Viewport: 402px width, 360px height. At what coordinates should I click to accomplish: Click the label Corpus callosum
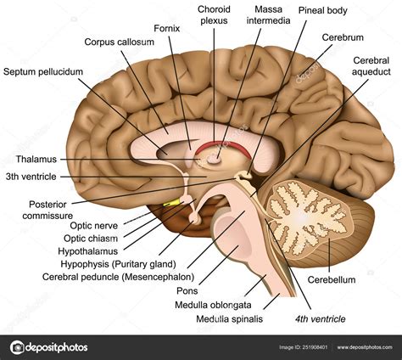click(x=120, y=42)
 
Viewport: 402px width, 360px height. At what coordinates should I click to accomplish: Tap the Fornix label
click(x=167, y=28)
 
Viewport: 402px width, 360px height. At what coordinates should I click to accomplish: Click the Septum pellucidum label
click(x=43, y=72)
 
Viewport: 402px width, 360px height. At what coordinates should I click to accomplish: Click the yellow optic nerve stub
click(x=175, y=202)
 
